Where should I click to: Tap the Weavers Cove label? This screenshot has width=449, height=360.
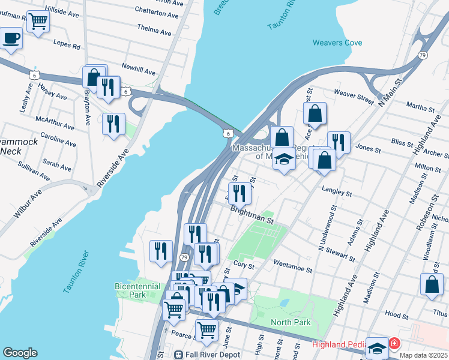334,42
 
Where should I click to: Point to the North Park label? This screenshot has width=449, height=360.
291,323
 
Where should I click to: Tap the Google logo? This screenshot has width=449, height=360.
20,353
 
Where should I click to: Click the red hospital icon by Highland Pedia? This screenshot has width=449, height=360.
394,344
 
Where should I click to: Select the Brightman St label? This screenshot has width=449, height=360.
252,215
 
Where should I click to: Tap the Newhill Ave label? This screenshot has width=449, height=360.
138,70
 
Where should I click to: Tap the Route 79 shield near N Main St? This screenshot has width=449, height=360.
423,55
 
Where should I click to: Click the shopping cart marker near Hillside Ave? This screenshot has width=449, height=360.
38,22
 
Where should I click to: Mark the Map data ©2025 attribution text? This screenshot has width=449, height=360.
423,355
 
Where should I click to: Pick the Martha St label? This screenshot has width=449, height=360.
420,108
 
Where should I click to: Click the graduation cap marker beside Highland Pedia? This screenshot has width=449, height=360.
377,347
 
